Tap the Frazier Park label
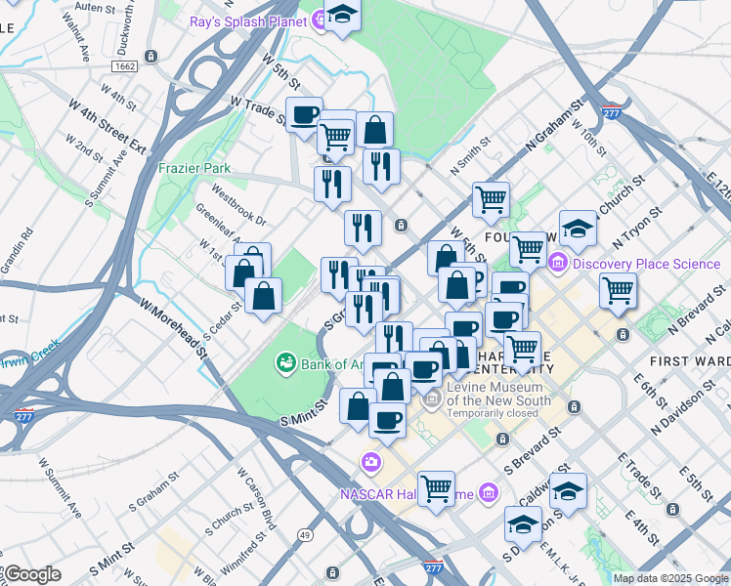pos(194,168)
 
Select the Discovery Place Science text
pos(646,263)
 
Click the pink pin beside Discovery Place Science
pos(558,262)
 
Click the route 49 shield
pos(306,534)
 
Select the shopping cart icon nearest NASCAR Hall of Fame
pos(436,487)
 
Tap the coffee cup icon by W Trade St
pos(304,113)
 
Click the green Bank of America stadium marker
pos(285,364)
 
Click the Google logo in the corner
pos(32,574)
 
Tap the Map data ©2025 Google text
pos(670,578)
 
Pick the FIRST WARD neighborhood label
pos(689,360)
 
